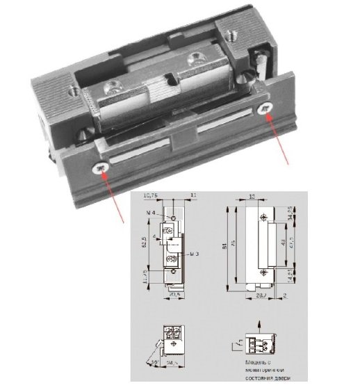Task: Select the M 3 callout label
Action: [x=197, y=254]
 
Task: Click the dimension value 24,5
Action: [x=172, y=361]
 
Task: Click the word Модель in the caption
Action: [x=253, y=362]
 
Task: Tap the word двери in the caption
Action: [x=275, y=377]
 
